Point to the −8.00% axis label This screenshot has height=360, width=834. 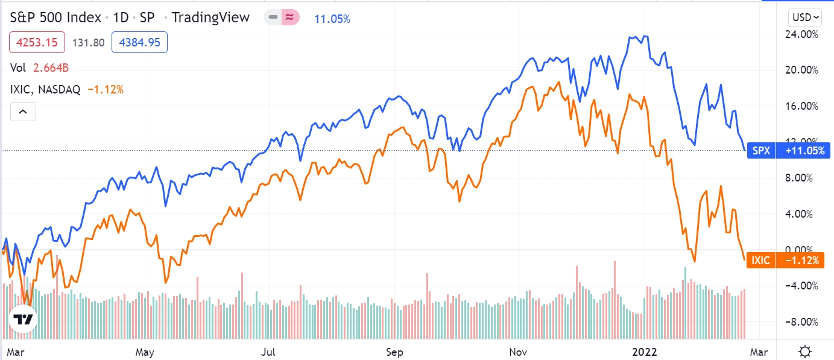(x=806, y=321)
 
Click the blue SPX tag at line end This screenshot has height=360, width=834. (x=759, y=151)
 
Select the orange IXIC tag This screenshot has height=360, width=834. (x=759, y=261)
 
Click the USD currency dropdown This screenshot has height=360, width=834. (x=806, y=17)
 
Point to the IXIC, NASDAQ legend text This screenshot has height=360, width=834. (x=46, y=90)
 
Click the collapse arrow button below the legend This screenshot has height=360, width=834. (x=22, y=112)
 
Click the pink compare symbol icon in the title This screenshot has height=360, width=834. (x=290, y=17)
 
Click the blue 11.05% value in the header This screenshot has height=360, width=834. (x=332, y=19)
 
